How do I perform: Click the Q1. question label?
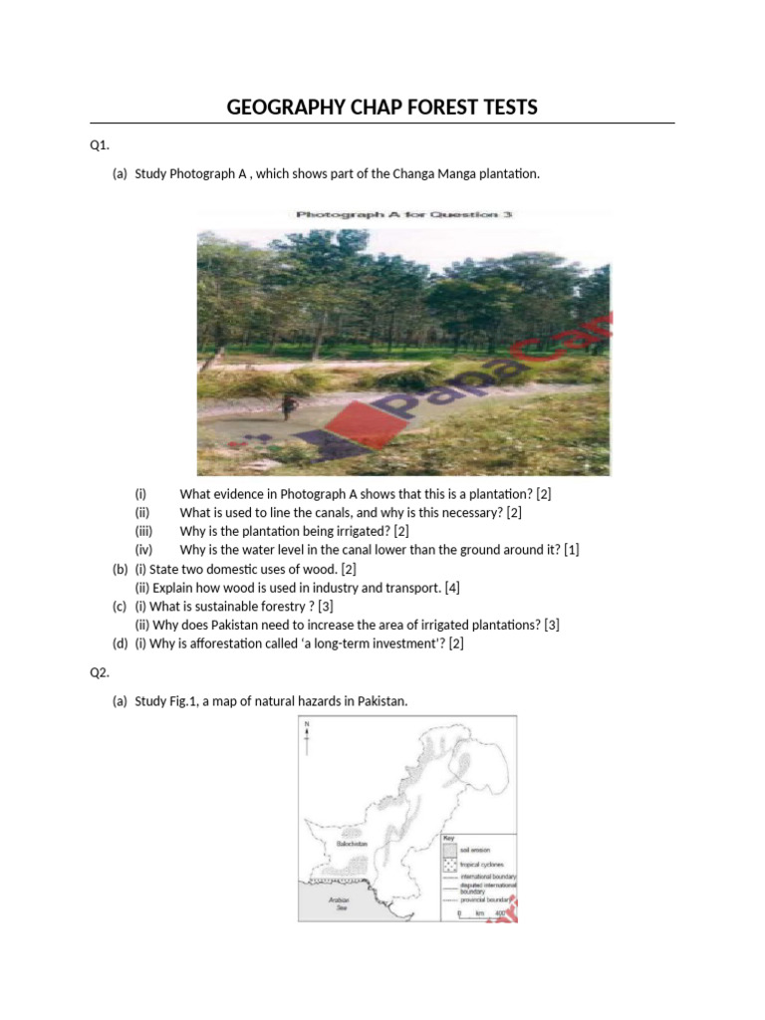coord(99,145)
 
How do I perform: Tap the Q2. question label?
coord(99,672)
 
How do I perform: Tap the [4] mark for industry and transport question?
coord(453,588)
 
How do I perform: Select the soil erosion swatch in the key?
coord(449,852)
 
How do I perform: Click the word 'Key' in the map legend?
coord(449,839)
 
